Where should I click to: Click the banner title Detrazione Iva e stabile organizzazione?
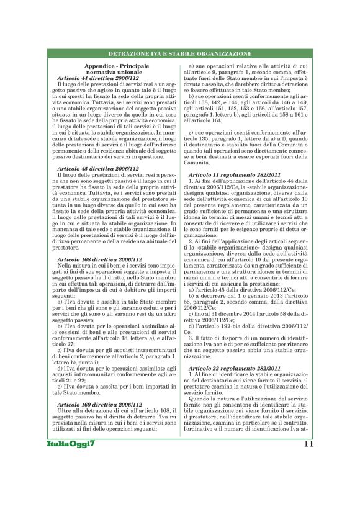pyautogui.click(x=180, y=54)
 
